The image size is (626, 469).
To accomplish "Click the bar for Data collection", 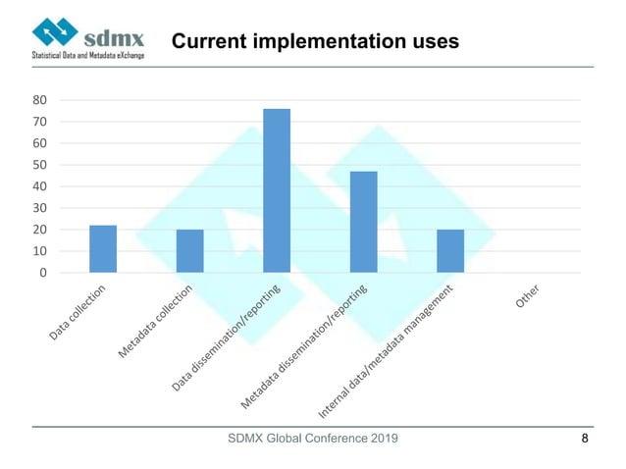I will pyautogui.click(x=103, y=249).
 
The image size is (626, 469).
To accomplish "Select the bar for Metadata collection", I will pyautogui.click(x=189, y=251).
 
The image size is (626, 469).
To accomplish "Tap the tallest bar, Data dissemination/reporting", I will pyautogui.click(x=277, y=190).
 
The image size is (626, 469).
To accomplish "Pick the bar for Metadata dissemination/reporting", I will pyautogui.click(x=363, y=222).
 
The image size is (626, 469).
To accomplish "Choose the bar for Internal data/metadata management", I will pyautogui.click(x=450, y=251).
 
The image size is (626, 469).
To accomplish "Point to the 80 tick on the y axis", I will pyautogui.click(x=40, y=100).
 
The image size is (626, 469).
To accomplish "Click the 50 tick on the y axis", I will pyautogui.click(x=40, y=165).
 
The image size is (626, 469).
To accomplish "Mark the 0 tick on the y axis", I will pyautogui.click(x=44, y=273).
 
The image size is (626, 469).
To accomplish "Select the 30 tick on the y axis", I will pyautogui.click(x=40, y=208).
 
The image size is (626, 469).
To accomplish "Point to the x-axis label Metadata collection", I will pyautogui.click(x=162, y=321).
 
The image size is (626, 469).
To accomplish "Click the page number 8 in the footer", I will pyautogui.click(x=586, y=439).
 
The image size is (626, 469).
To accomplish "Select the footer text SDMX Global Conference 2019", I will pyautogui.click(x=313, y=439).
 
